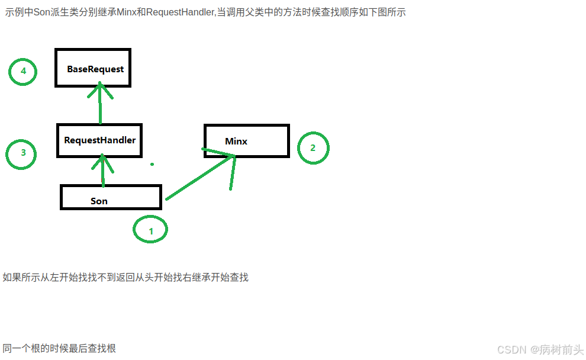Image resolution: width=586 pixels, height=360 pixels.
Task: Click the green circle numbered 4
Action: [23, 72]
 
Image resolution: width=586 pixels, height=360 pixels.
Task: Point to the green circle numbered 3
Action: [22, 153]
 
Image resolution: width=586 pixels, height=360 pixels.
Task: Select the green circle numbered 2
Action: [313, 148]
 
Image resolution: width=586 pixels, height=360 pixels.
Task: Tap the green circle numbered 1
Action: [150, 230]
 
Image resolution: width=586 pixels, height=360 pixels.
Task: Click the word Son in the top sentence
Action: [43, 12]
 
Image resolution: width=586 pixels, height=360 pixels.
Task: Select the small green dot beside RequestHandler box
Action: [152, 164]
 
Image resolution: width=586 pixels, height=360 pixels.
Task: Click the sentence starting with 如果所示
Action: [125, 277]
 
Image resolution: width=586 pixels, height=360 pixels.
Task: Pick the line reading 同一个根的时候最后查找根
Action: [59, 348]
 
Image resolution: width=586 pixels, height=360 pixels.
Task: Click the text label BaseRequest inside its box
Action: [95, 69]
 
